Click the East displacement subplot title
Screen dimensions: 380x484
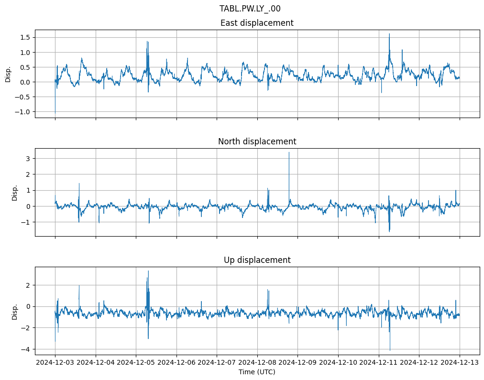(257, 23)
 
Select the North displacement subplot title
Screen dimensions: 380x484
(257, 141)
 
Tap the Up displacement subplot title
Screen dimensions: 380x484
(257, 260)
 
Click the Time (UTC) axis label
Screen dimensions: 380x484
(257, 372)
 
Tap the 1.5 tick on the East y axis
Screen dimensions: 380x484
(24, 37)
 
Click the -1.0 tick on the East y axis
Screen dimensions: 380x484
(22, 112)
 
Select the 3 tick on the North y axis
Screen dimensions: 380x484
(28, 158)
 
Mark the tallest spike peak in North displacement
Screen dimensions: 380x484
(289, 152)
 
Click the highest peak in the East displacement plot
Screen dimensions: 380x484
(389, 34)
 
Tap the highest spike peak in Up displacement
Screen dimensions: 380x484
(148, 271)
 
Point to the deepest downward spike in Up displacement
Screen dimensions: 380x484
(390, 350)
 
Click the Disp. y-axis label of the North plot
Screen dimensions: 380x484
(15, 192)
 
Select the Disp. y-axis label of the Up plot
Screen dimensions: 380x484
(15, 311)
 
